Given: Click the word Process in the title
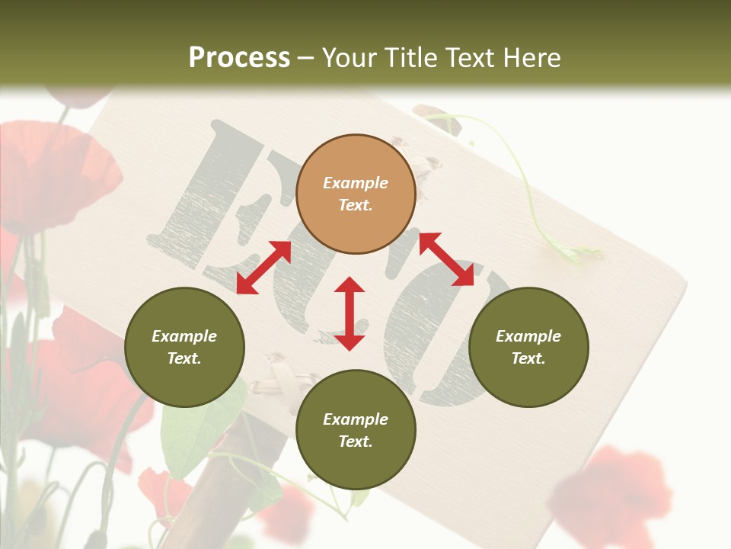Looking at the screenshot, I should pos(239,58).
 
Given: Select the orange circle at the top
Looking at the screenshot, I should pos(356,194).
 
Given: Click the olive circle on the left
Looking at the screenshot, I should pos(184,347).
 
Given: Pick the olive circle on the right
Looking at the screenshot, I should pos(528,347).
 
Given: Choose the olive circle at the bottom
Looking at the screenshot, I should pos(356,429).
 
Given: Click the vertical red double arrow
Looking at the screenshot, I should pos(350,313).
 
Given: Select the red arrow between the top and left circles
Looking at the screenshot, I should pos(263,267).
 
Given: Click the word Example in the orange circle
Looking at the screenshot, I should pos(356,183).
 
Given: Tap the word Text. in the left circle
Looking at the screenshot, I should pos(184,358).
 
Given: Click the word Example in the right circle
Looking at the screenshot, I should pos(528,336).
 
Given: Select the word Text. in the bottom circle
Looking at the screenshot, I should pos(356,441).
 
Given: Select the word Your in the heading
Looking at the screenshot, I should pos(347,58).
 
